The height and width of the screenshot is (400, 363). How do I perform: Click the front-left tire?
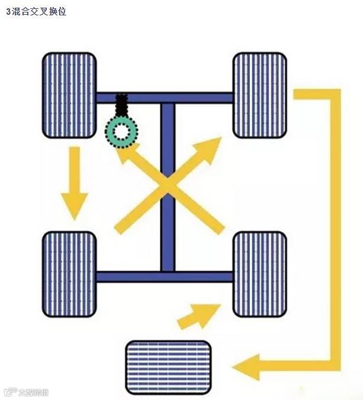point(69,95)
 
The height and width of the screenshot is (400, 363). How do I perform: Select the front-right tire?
point(260,95)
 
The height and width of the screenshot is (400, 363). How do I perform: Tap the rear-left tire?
point(69,274)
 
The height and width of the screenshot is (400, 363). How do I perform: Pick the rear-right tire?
point(260,274)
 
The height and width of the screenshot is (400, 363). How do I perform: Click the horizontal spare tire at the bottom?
point(168,367)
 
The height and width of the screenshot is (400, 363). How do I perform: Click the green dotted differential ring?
point(121,131)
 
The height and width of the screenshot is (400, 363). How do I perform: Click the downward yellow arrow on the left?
point(75,183)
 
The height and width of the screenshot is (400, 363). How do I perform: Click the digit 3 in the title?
point(8,11)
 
